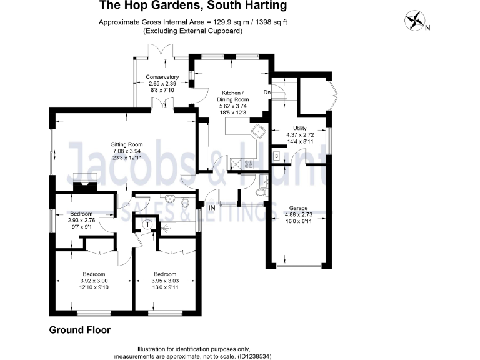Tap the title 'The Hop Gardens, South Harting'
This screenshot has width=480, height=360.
tap(194, 6)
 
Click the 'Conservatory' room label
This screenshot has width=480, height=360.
tap(162, 77)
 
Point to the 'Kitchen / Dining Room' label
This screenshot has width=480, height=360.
tap(232, 95)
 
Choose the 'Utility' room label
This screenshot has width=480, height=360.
tap(300, 127)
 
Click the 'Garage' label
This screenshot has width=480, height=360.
tap(297, 207)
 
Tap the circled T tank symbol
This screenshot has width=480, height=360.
tap(148, 224)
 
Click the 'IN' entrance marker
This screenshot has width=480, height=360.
tap(212, 207)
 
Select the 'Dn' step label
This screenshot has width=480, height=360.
tap(266, 92)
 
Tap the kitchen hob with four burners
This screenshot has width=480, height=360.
tap(248, 164)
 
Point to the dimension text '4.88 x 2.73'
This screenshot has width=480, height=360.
tap(297, 214)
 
